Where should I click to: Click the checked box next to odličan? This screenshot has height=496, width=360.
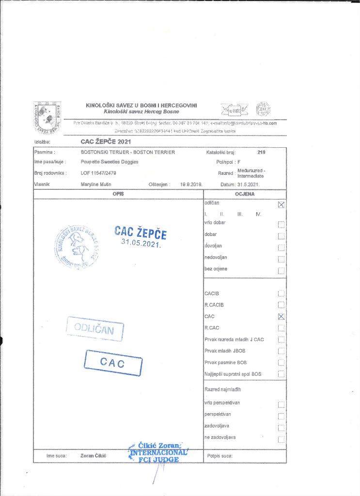click(x=281, y=204)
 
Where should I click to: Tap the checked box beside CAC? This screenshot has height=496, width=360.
click(x=281, y=317)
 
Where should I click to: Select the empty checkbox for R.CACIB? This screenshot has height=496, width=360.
click(x=281, y=305)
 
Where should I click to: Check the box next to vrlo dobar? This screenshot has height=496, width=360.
click(x=281, y=224)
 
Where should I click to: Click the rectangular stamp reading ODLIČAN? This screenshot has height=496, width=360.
click(x=95, y=330)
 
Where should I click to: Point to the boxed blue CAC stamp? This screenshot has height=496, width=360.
click(x=112, y=362)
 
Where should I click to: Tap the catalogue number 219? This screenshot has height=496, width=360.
click(x=262, y=152)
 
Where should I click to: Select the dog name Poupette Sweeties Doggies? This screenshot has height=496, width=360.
click(x=110, y=162)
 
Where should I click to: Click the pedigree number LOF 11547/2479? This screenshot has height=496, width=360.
click(x=99, y=173)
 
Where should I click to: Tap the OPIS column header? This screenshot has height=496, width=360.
click(x=118, y=194)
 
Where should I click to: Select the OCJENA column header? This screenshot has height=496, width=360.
click(x=245, y=194)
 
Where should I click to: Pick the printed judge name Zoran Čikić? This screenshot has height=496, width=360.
click(x=93, y=456)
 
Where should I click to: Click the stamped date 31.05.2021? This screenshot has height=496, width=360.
click(x=141, y=243)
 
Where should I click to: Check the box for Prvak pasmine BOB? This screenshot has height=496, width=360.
click(x=281, y=363)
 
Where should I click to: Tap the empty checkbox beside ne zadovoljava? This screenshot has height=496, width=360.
click(x=281, y=439)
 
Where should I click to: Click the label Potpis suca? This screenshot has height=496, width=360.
click(x=220, y=456)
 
